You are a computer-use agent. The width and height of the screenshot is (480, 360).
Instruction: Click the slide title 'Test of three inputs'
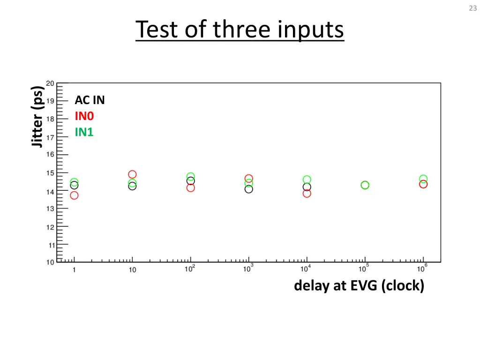(x=240, y=30)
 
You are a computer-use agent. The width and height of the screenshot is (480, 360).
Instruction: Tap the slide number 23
(x=472, y=7)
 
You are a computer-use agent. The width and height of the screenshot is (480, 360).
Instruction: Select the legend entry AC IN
(x=90, y=100)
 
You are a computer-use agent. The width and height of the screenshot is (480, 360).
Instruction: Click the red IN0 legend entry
(x=84, y=116)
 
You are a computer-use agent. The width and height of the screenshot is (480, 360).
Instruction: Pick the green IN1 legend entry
(x=84, y=132)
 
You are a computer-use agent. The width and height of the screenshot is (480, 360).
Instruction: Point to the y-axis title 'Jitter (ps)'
(x=37, y=116)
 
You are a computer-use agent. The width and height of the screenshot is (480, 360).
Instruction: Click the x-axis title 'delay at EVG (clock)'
(x=359, y=285)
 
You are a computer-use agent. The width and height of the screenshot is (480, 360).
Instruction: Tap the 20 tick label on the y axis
(x=50, y=83)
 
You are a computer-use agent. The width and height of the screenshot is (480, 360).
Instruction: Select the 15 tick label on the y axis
(x=50, y=173)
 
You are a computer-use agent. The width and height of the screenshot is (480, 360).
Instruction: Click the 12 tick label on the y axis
(x=50, y=227)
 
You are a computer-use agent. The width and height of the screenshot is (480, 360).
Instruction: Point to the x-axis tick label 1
(x=74, y=270)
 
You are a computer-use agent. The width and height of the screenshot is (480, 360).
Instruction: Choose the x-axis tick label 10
(x=133, y=270)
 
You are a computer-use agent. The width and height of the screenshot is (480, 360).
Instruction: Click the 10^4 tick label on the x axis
(x=306, y=269)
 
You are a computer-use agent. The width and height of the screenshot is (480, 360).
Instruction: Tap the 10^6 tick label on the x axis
(x=422, y=269)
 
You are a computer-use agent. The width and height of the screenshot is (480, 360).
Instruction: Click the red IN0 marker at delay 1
(x=74, y=195)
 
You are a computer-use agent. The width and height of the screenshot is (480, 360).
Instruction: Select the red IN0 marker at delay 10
(x=132, y=174)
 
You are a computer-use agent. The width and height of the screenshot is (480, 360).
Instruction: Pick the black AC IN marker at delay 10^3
(x=248, y=189)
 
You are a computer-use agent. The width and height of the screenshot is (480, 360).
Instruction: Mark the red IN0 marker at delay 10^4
(x=307, y=193)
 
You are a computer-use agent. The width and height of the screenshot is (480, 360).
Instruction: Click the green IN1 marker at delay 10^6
(x=423, y=179)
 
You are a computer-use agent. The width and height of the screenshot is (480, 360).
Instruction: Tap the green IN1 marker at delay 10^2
(x=190, y=177)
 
